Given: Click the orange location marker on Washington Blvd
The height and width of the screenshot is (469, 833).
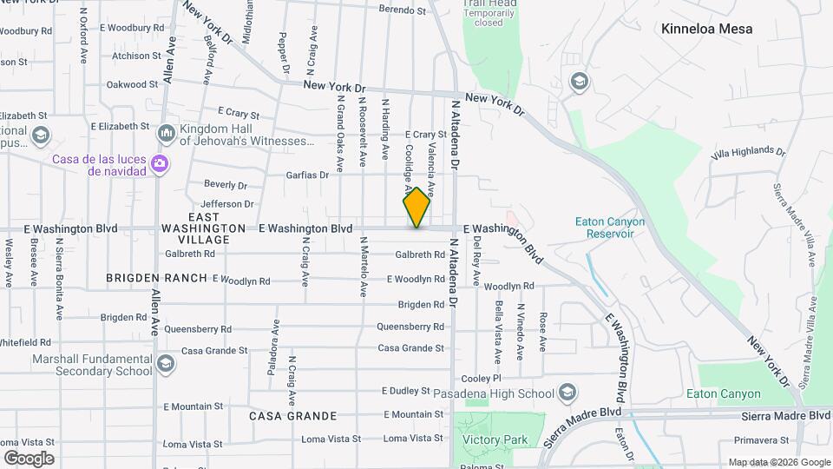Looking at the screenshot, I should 416,208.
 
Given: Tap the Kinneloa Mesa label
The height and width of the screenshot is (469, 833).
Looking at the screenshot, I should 706,29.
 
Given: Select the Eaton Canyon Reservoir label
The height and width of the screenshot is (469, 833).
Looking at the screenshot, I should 610,228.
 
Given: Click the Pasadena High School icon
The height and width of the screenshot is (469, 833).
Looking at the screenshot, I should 567,393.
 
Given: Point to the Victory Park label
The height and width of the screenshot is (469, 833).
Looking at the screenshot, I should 495,439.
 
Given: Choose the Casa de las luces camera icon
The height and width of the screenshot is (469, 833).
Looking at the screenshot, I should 159,163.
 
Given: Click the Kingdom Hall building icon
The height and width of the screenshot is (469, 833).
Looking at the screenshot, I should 166,134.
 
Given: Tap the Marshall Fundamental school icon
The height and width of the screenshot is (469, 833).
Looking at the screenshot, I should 166,365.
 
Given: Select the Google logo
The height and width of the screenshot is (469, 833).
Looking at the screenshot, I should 29,459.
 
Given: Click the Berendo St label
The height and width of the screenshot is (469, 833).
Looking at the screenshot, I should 403,10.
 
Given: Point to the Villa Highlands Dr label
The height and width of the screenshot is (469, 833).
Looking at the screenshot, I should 747,152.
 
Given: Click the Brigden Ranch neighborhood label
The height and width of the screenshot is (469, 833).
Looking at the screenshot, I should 157,278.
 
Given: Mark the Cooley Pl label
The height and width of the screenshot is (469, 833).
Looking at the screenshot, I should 482,379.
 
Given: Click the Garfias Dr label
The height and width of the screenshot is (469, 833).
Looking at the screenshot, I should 307,175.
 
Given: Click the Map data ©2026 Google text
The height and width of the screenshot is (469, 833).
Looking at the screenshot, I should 778,462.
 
